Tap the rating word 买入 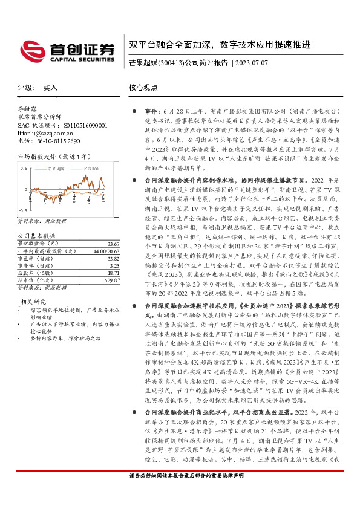(51, 88)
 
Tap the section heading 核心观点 (143, 88)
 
